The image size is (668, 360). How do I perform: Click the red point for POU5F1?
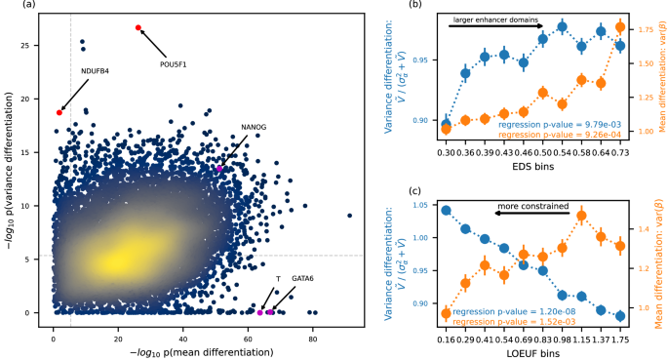click(138, 27)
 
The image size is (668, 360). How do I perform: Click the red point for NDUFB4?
click(59, 112)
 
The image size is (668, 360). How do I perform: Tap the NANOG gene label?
click(254, 128)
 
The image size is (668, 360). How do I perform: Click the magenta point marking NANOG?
click(219, 169)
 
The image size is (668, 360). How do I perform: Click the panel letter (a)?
click(13, 6)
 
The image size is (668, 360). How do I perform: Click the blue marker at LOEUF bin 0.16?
click(446, 210)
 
